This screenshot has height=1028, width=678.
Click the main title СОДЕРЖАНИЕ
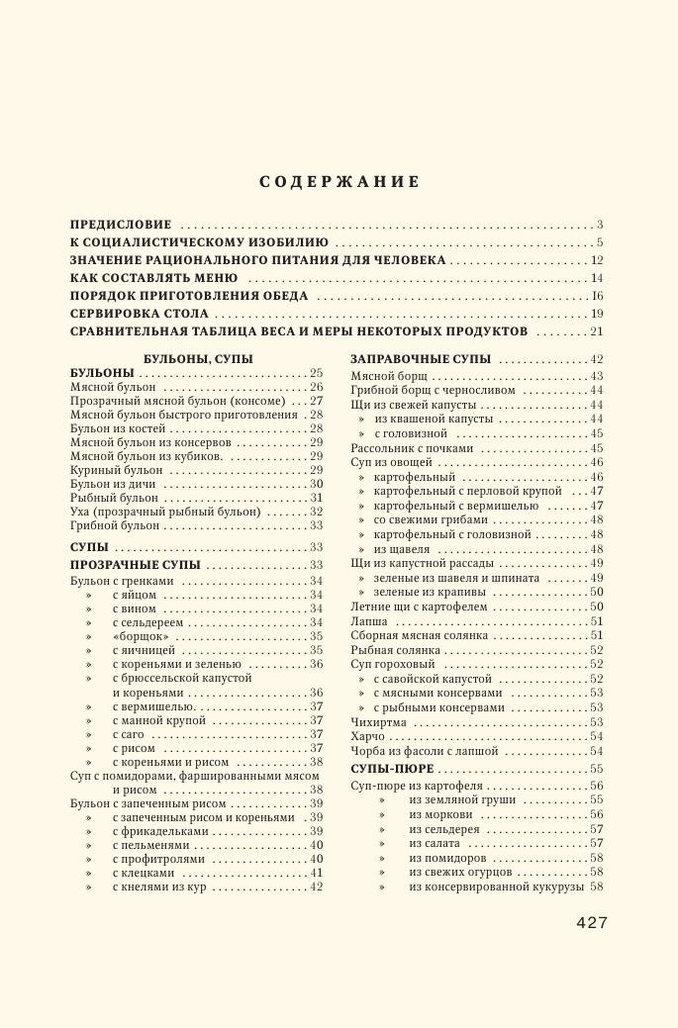(x=339, y=182)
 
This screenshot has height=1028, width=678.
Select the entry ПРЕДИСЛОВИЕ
(x=121, y=225)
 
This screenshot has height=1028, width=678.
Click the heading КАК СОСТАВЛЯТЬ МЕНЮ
(x=153, y=278)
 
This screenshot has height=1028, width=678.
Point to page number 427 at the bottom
(x=591, y=922)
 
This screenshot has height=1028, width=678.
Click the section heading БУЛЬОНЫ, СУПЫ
(x=198, y=358)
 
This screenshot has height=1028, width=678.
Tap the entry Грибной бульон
(x=115, y=525)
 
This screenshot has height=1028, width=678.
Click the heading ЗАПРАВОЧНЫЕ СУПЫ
(x=421, y=359)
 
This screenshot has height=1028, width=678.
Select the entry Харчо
(x=368, y=736)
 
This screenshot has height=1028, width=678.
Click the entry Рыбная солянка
(x=395, y=650)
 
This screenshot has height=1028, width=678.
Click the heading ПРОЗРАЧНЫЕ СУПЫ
(x=135, y=565)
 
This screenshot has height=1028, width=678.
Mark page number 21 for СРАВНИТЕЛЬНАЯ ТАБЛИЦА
(x=596, y=331)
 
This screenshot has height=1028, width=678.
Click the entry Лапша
(x=369, y=621)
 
